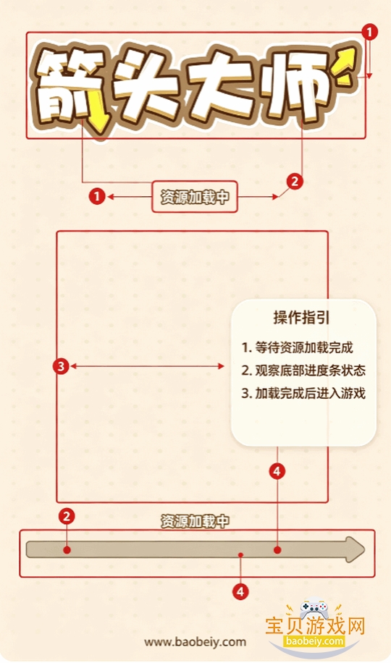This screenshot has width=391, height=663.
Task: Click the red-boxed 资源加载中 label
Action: pyautogui.click(x=195, y=197)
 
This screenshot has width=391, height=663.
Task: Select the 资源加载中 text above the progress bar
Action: pyautogui.click(x=195, y=521)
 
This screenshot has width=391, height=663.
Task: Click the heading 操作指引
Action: pyautogui.click(x=301, y=318)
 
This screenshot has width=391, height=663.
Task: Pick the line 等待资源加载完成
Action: pyautogui.click(x=297, y=347)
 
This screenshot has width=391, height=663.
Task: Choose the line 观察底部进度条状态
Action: pyautogui.click(x=303, y=371)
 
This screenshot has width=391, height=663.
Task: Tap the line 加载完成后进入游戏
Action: pyautogui.click(x=303, y=393)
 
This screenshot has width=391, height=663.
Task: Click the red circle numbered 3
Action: pyautogui.click(x=61, y=366)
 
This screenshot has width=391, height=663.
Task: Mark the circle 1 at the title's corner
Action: pyautogui.click(x=370, y=32)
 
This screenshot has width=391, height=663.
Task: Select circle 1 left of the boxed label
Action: pyautogui.click(x=97, y=197)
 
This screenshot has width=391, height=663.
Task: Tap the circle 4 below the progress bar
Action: pyautogui.click(x=240, y=592)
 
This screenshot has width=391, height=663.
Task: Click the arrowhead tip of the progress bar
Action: pyautogui.click(x=364, y=549)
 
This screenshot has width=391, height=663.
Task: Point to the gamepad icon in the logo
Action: pyautogui.click(x=314, y=608)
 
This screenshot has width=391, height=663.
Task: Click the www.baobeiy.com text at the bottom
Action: pyautogui.click(x=195, y=642)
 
